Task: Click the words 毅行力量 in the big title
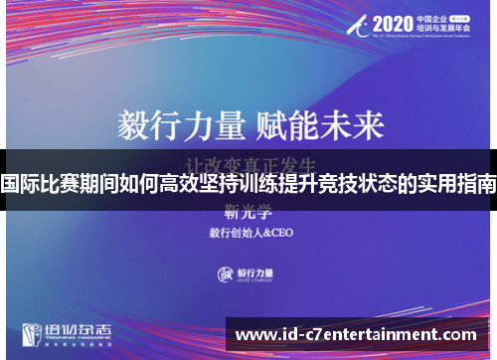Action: coord(181,126)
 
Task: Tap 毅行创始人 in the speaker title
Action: coord(232,234)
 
